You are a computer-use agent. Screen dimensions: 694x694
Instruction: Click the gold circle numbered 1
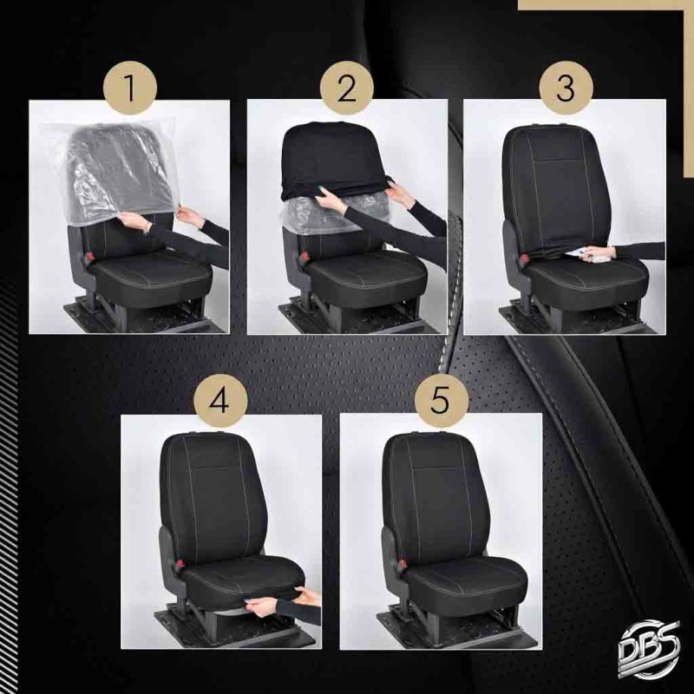(129, 88)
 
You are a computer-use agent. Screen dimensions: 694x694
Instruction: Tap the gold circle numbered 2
(346, 88)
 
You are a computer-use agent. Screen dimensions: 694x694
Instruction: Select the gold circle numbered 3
(566, 88)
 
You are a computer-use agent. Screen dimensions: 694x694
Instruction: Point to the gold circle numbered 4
(220, 401)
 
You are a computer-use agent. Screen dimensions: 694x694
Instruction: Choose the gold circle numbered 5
(441, 401)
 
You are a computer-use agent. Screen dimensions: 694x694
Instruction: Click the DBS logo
(648, 648)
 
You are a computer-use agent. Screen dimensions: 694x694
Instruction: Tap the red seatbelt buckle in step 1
(90, 256)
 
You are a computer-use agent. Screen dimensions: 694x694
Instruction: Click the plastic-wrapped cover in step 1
(116, 170)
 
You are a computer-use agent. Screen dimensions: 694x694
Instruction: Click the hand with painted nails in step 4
(259, 606)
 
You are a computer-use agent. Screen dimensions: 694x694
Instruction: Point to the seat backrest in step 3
(557, 190)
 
